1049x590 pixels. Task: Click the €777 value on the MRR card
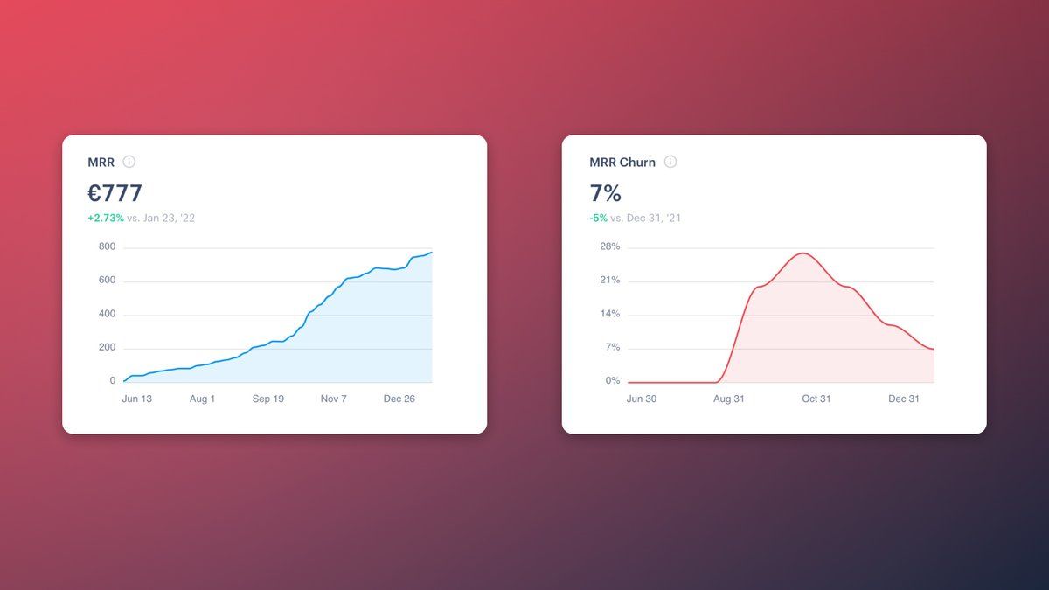pos(115,192)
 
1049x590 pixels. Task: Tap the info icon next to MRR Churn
pos(670,162)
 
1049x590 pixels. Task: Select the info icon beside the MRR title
pos(129,162)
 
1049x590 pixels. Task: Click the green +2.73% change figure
pos(106,218)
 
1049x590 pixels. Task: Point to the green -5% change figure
pos(598,218)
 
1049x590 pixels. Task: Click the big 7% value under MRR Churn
pos(605,192)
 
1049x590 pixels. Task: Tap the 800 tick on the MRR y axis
pos(107,246)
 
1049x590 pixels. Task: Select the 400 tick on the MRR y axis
pos(107,314)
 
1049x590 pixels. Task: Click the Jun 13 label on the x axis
pos(136,399)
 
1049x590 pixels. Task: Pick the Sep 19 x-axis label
pos(268,399)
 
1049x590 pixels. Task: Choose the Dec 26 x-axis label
pos(399,399)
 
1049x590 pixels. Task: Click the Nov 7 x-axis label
pos(334,399)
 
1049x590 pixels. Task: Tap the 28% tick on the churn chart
pos(609,246)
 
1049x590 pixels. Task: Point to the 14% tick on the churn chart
pos(609,314)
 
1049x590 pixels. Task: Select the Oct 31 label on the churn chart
pos(816,399)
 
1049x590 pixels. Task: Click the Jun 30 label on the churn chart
pos(642,399)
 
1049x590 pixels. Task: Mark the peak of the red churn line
pos(802,253)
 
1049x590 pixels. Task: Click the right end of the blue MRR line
pos(432,253)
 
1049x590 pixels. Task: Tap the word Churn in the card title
pos(637,163)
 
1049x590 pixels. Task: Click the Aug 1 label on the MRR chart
pos(202,399)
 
